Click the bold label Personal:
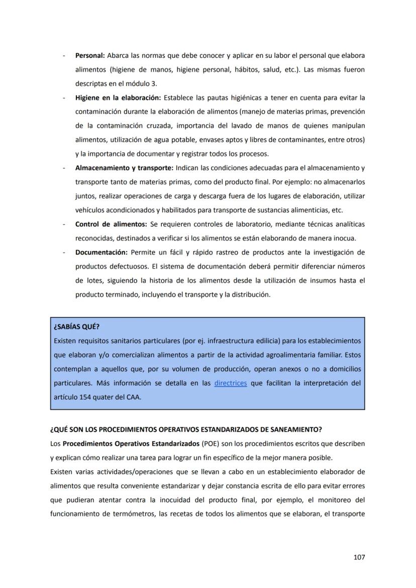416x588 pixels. [x=90, y=55]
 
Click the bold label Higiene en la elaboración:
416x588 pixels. [x=118, y=97]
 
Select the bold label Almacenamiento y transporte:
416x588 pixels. [x=124, y=167]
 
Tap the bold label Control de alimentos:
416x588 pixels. [x=111, y=224]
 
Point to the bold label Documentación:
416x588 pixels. [x=101, y=252]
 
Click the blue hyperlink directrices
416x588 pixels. [x=231, y=383]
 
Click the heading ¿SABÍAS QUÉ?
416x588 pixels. [x=76, y=326]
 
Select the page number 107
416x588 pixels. [x=359, y=557]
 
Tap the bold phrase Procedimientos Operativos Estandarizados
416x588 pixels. [x=131, y=444]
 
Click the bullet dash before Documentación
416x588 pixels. [x=64, y=252]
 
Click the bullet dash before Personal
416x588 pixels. [x=64, y=55]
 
